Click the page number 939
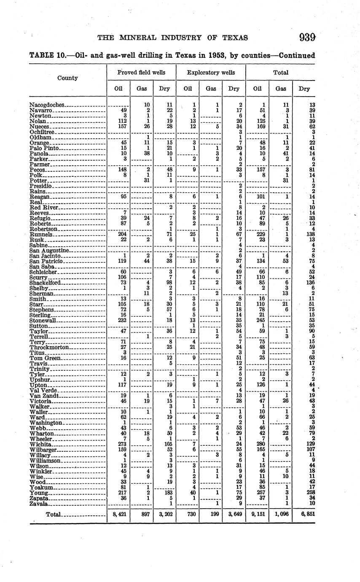(307, 38)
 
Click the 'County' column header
(67, 78)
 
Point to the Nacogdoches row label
(47, 105)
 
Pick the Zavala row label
(39, 504)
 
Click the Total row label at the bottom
(53, 515)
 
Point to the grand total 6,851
(304, 515)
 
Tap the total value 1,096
(280, 515)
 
